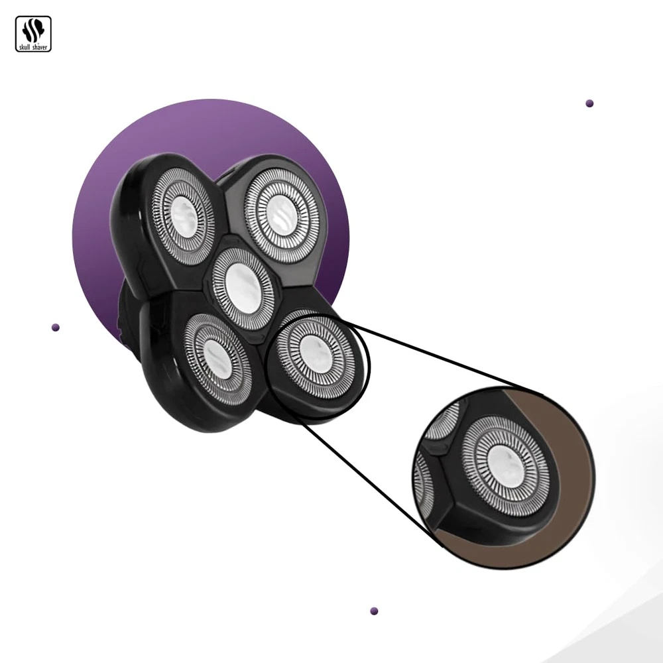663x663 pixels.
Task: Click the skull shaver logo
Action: pyautogui.click(x=33, y=34)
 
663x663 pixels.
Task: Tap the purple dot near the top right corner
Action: pyautogui.click(x=589, y=103)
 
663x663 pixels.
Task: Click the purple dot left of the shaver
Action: pyautogui.click(x=56, y=328)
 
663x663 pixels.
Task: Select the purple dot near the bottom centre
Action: pyautogui.click(x=374, y=611)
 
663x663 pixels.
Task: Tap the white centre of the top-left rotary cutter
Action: pyautogui.click(x=184, y=218)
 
